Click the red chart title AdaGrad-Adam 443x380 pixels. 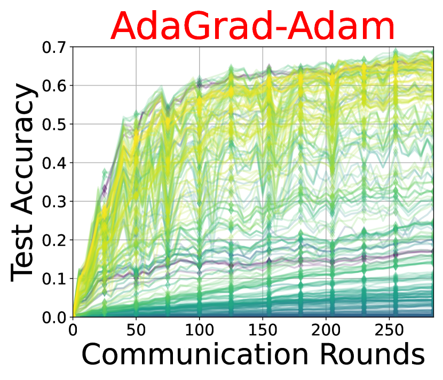coord(252,26)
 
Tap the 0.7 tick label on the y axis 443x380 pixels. coord(54,47)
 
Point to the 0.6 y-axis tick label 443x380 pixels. coord(54,85)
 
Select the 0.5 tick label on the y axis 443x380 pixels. coord(54,124)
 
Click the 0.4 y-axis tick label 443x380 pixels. coord(54,163)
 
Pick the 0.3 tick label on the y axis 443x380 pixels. coord(54,202)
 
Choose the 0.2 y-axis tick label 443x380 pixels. coord(54,240)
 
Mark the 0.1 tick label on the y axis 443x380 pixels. coord(54,279)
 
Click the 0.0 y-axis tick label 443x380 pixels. coord(54,318)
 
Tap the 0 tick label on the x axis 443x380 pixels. coord(73,330)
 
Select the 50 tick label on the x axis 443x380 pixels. coord(136,330)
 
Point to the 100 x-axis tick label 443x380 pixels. coord(200,330)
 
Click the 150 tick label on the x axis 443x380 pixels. coord(263,330)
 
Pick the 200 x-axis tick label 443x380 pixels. coord(326,330)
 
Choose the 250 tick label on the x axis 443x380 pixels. coord(389,330)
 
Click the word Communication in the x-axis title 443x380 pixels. coord(195,354)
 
